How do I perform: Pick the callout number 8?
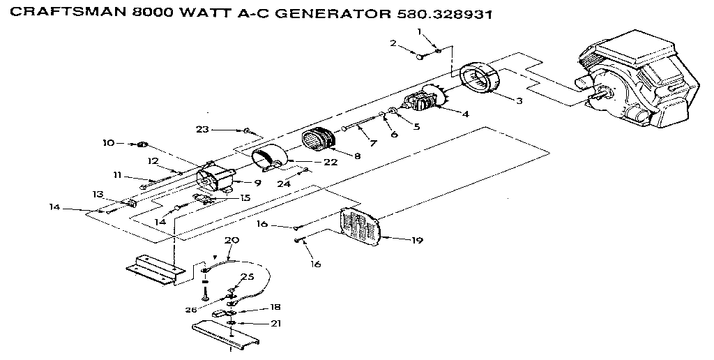pyautogui.click(x=357, y=156)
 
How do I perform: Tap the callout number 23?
pyautogui.click(x=202, y=129)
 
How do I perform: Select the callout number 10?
pyautogui.click(x=107, y=143)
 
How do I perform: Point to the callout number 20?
pyautogui.click(x=231, y=239)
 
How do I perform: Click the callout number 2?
pyautogui.click(x=393, y=43)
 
